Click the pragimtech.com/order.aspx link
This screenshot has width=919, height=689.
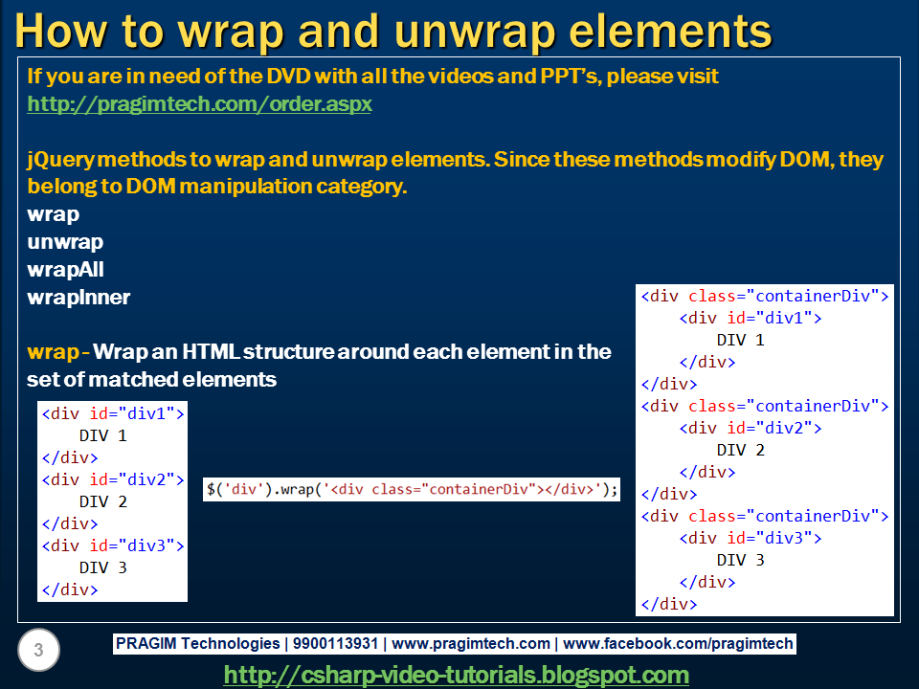199,103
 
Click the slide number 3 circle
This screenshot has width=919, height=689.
38,651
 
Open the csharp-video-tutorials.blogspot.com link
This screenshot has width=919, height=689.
456,675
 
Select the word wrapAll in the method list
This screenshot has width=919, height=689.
65,270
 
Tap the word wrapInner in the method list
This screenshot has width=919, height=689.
78,298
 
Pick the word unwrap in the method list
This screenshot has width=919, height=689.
65,242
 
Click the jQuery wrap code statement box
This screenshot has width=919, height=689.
412,489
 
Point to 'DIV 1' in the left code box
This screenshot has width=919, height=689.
102,435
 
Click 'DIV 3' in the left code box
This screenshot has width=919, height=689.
102,567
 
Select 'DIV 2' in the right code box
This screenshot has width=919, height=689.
740,450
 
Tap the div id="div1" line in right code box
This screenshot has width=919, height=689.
751,318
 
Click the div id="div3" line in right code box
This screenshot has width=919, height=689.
751,538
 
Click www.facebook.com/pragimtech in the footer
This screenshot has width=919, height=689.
679,644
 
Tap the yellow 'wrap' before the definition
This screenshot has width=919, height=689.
53,351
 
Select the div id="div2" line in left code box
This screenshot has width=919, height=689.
112,479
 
